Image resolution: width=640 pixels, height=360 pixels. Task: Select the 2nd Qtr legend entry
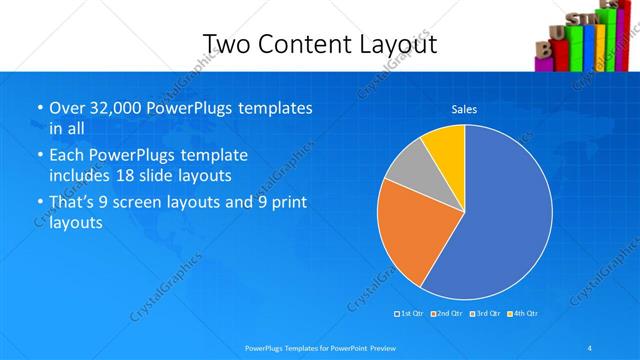[x=447, y=313]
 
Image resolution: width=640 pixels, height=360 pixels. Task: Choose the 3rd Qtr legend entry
[x=486, y=313]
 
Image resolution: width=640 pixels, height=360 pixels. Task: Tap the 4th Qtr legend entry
[x=523, y=313]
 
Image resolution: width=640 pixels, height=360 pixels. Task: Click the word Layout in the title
[x=398, y=44]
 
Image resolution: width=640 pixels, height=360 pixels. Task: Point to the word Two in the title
[x=225, y=44]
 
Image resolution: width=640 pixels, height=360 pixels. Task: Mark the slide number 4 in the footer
[x=590, y=347]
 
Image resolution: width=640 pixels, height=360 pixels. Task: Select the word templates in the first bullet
[x=277, y=108]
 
